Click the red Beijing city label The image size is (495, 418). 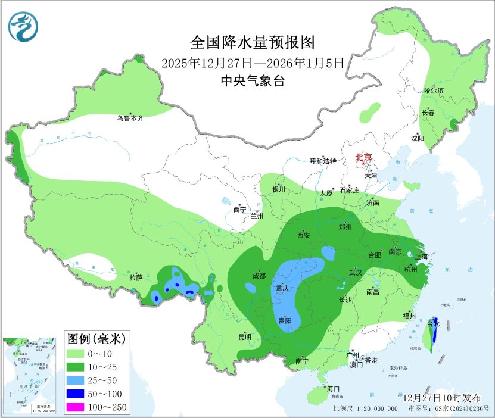[x=363, y=157]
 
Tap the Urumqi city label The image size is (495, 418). [x=130, y=118]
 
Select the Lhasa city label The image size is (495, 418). [x=136, y=277]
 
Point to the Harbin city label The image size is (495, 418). [x=434, y=91]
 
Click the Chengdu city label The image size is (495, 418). [x=259, y=276]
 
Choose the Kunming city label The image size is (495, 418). [x=245, y=337]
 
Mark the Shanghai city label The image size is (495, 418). [x=422, y=257]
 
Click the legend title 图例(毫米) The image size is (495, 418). [x=95, y=339]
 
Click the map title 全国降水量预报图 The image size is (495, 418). [x=252, y=43]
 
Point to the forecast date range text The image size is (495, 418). [x=252, y=62]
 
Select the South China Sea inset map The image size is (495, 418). [x=29, y=375]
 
